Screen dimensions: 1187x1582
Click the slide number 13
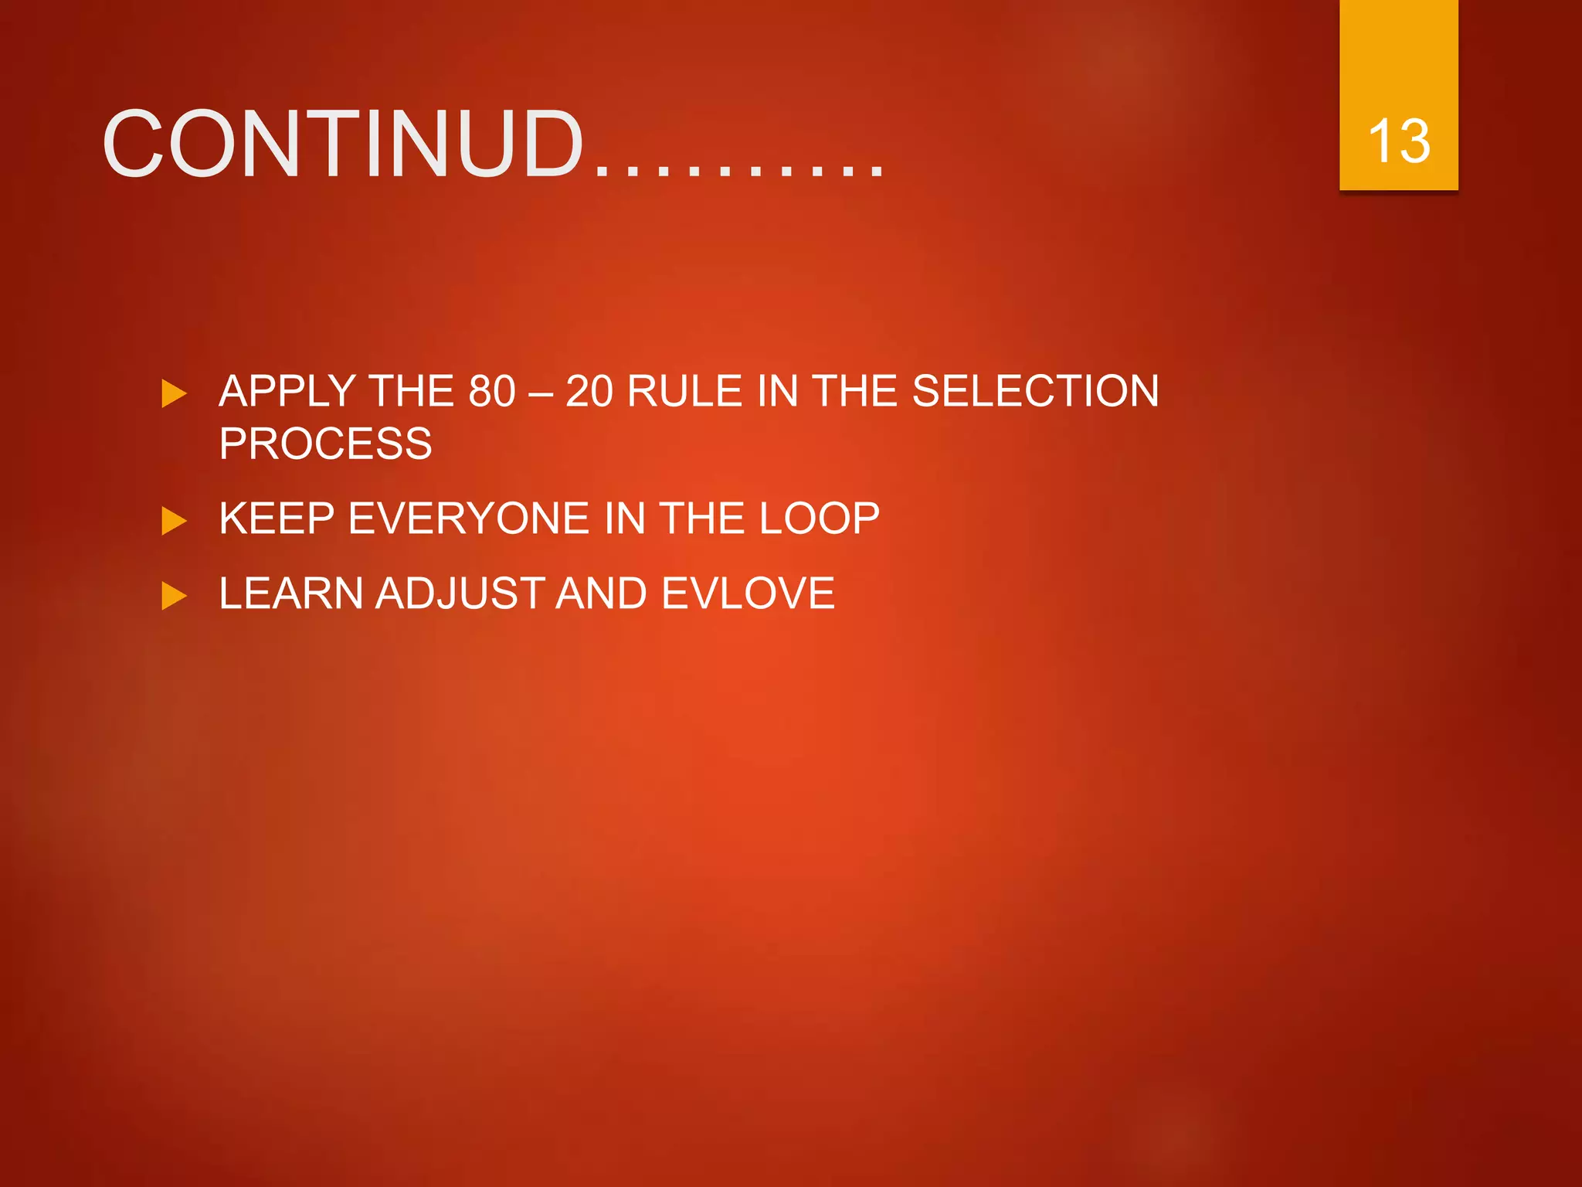tap(1398, 141)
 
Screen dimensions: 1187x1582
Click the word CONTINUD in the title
tap(344, 145)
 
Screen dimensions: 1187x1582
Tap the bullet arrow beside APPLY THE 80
tap(174, 393)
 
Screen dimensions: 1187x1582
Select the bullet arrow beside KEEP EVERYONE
tap(174, 521)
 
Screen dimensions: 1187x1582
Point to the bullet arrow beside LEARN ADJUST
tap(174, 596)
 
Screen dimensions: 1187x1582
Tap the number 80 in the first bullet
tap(492, 391)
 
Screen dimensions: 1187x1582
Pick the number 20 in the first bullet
tap(589, 391)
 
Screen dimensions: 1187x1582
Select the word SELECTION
tap(1035, 391)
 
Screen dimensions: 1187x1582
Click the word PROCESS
tap(325, 444)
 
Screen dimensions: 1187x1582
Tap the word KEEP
tap(277, 518)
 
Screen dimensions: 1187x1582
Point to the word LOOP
tap(819, 518)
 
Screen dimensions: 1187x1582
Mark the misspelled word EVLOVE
tap(748, 593)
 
